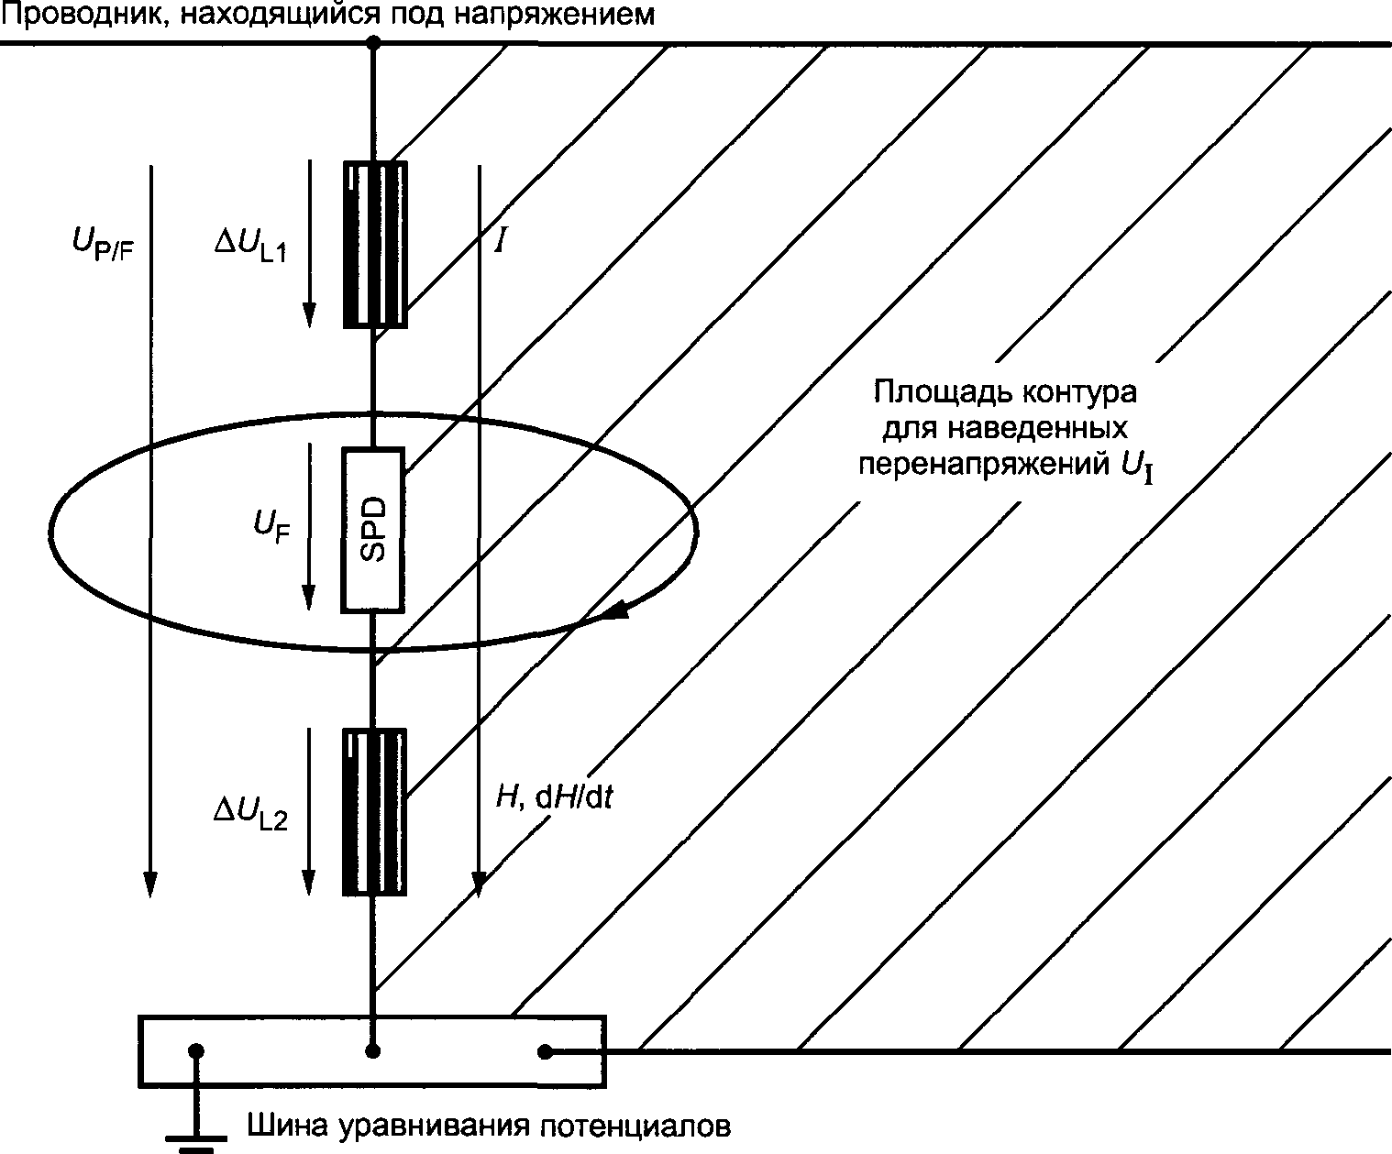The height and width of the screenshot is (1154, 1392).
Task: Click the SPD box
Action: coord(373,529)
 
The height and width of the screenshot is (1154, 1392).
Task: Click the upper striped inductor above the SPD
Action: coord(374,244)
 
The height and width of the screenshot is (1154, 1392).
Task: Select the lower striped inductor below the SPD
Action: coord(374,811)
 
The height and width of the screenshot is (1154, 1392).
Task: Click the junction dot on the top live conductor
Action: coord(373,42)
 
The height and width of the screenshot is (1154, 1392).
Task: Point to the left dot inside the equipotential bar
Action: coord(195,1051)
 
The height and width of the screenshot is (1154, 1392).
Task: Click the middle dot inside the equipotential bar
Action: coord(373,1051)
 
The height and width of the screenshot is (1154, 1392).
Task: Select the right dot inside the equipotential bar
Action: coord(545,1051)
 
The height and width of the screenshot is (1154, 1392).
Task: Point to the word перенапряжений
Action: coord(981,464)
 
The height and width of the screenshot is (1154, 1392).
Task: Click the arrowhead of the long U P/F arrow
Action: coord(150,884)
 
